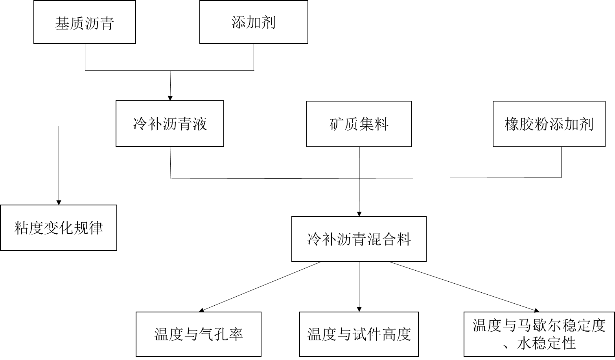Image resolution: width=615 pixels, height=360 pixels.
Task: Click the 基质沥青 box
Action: [85, 22]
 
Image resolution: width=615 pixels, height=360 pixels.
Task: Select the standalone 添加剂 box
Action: [254, 22]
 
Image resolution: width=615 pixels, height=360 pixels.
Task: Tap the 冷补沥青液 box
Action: [170, 124]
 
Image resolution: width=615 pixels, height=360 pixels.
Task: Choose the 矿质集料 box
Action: [359, 124]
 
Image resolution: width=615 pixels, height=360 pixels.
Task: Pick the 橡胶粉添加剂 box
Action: [549, 124]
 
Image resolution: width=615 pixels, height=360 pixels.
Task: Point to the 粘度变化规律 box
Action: [59, 227]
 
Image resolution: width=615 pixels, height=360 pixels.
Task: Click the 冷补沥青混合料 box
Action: [359, 239]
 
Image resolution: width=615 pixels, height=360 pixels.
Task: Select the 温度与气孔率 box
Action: [199, 334]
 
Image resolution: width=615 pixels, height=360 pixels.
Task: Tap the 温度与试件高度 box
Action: [359, 334]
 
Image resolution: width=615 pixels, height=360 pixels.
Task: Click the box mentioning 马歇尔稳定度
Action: [539, 334]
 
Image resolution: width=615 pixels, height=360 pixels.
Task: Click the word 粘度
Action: [29, 228]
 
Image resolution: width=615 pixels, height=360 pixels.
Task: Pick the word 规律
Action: [88, 228]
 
